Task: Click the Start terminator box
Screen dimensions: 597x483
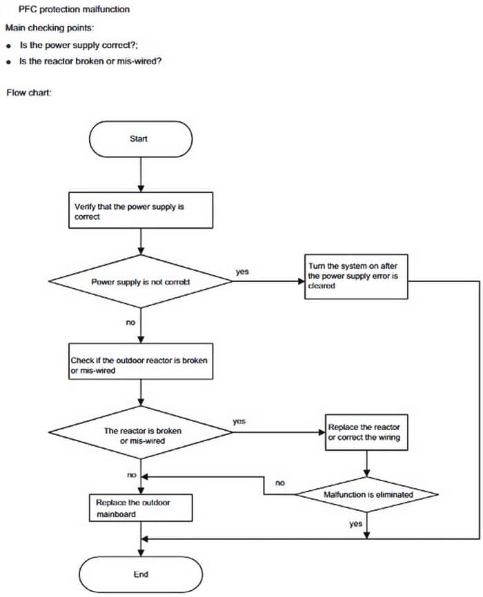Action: coord(140,139)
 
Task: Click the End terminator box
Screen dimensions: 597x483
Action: coord(140,574)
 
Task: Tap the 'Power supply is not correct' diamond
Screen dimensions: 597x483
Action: coord(140,282)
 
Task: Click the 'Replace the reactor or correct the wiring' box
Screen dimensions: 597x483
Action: coord(364,432)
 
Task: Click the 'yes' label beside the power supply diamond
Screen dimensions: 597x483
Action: coord(242,272)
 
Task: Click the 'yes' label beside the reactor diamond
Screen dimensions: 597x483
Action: coord(239,421)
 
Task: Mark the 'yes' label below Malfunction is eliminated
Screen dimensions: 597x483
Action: coord(355,524)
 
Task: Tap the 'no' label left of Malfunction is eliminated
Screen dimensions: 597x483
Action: coord(279,483)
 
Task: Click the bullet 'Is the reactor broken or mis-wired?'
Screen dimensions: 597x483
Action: coord(90,61)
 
